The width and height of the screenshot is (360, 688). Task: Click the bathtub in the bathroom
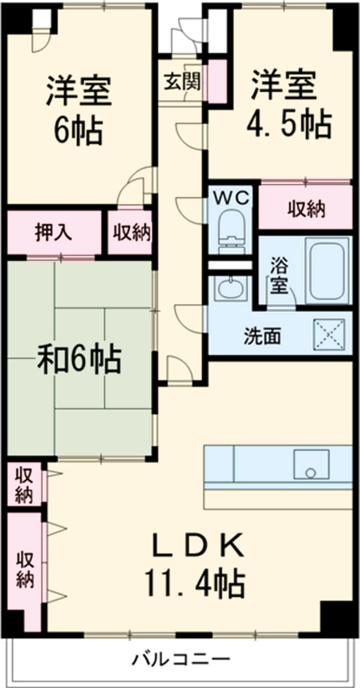tap(327, 271)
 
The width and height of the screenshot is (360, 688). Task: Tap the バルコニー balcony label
tap(181, 660)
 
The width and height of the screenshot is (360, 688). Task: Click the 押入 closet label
tap(53, 232)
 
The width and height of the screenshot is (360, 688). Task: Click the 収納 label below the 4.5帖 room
tap(306, 209)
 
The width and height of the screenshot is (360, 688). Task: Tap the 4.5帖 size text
tap(289, 124)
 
